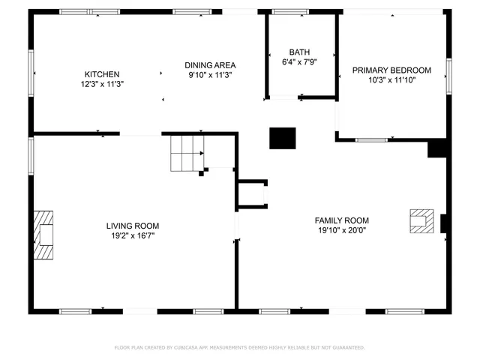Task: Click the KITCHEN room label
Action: pyautogui.click(x=101, y=74)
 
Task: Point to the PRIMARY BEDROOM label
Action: pyautogui.click(x=391, y=69)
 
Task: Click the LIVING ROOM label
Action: pyautogui.click(x=132, y=225)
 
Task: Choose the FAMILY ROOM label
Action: pyautogui.click(x=341, y=220)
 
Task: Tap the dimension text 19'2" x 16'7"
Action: pyautogui.click(x=132, y=235)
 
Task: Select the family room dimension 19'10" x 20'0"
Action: pyautogui.click(x=341, y=230)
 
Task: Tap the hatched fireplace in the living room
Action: pyautogui.click(x=44, y=235)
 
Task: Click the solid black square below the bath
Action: pyautogui.click(x=283, y=138)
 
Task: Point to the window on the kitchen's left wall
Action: pyautogui.click(x=31, y=73)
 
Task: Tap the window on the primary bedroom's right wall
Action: pyautogui.click(x=448, y=73)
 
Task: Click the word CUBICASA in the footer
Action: pyautogui.click(x=187, y=348)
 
